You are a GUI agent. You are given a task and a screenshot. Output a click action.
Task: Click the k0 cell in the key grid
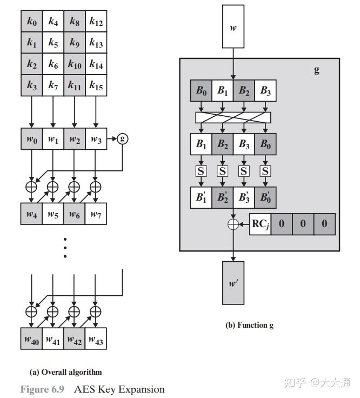click(32, 21)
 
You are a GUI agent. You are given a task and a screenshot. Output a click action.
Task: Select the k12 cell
click(96, 21)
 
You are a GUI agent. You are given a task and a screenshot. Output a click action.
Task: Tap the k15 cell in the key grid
click(96, 85)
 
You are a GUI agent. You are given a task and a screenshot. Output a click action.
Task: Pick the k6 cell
click(54, 64)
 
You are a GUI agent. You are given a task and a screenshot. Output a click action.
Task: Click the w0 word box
click(32, 138)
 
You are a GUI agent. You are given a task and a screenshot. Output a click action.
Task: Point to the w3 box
click(96, 138)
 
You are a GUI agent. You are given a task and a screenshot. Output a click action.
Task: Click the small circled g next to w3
click(123, 138)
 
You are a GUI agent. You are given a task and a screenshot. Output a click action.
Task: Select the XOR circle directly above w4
click(31, 187)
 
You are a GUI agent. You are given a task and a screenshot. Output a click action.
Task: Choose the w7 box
click(96, 214)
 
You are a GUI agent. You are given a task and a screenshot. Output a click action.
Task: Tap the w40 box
click(31, 339)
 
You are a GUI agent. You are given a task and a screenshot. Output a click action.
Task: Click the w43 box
click(96, 339)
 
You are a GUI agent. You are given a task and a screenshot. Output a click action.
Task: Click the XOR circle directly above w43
click(96, 311)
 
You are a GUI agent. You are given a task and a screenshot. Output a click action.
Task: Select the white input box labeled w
click(233, 26)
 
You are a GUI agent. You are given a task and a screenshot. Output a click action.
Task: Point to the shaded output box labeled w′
click(233, 283)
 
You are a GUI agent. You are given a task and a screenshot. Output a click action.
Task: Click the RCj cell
click(261, 224)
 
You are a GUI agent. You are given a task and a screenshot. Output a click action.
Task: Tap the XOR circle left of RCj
click(233, 224)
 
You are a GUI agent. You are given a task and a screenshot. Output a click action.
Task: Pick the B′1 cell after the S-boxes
click(201, 198)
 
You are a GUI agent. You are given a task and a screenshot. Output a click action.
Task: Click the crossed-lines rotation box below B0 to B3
click(233, 117)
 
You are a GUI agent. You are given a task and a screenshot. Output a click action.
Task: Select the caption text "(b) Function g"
click(249, 325)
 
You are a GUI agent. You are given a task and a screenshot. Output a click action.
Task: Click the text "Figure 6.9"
click(42, 389)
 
